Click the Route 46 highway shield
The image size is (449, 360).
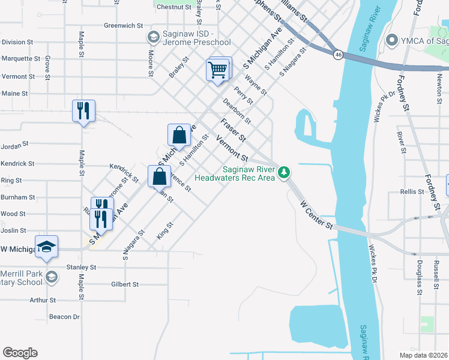pos(339,54)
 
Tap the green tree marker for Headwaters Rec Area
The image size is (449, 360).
pos(285,173)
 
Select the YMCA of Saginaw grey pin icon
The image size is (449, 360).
pos(393,41)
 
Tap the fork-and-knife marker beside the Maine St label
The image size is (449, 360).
pos(83,110)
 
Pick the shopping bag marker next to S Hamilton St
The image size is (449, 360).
pos(179,135)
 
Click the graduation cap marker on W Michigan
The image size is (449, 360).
pos(46,247)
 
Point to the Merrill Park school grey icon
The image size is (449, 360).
pos(52,277)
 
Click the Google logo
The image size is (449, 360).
pos(20,353)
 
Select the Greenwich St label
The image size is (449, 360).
pos(123,26)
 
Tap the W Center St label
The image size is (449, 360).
pos(316,215)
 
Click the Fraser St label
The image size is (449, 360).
pos(234,130)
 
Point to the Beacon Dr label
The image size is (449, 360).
pos(64,317)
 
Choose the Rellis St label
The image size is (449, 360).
pos(412,192)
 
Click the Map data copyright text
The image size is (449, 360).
pos(424,355)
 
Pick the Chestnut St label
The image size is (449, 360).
pos(173,7)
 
